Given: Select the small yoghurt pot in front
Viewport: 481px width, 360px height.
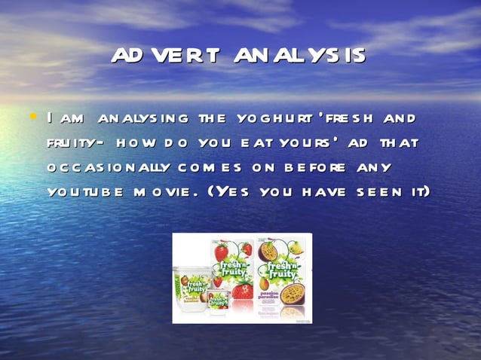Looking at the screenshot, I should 219,302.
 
